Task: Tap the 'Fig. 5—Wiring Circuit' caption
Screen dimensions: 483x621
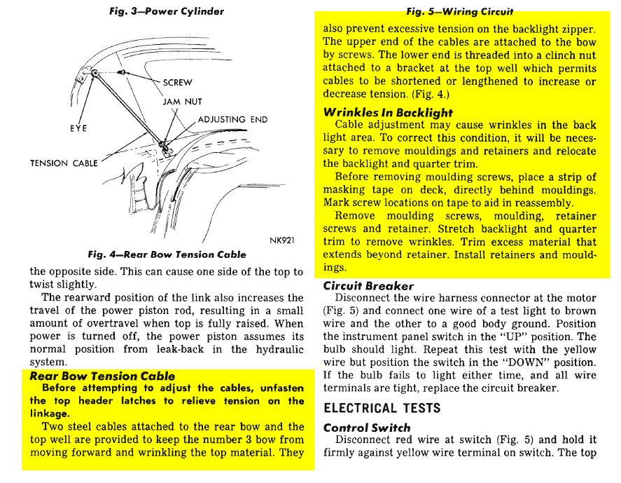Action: click(x=460, y=12)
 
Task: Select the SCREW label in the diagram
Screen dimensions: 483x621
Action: click(x=177, y=83)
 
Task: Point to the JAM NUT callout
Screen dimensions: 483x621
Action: click(x=182, y=102)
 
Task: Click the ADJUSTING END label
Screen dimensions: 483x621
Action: click(x=232, y=119)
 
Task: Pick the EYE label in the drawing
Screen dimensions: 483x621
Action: click(x=78, y=129)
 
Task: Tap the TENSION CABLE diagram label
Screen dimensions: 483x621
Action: click(x=64, y=163)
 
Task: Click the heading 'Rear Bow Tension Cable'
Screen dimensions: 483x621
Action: click(x=102, y=376)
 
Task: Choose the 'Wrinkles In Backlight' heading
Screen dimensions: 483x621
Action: click(x=388, y=112)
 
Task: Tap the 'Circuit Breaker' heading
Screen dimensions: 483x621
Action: click(x=368, y=286)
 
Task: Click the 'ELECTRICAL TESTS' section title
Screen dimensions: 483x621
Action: click(x=382, y=407)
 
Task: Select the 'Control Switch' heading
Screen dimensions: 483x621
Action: click(x=368, y=427)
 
